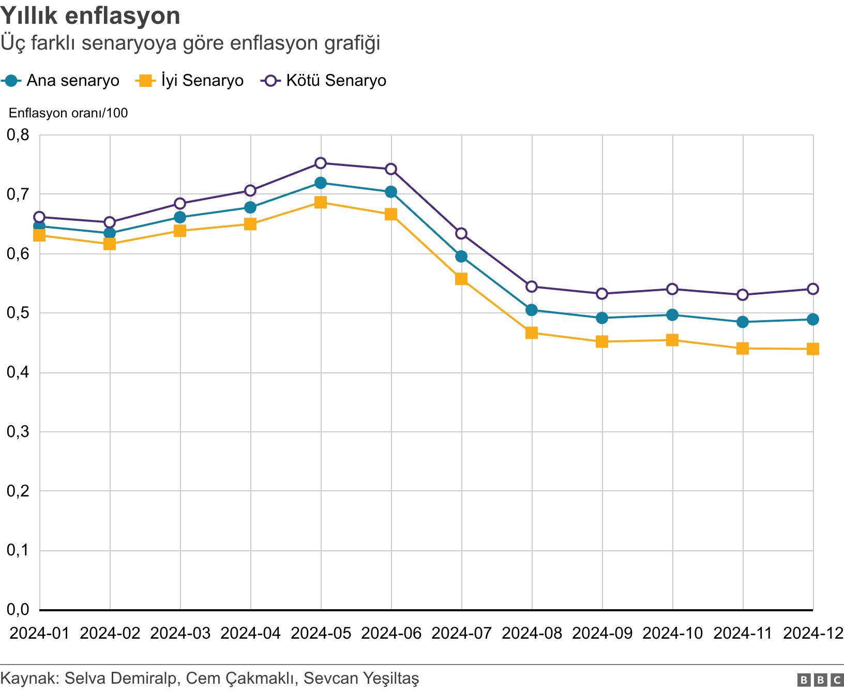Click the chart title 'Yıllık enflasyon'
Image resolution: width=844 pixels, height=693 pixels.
tap(91, 16)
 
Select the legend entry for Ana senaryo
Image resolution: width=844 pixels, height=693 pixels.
tap(61, 81)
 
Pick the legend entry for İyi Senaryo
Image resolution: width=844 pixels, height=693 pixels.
tap(189, 81)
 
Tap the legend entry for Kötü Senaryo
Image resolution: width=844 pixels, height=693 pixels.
tap(324, 81)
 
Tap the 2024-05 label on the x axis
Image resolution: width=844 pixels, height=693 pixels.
tap(321, 633)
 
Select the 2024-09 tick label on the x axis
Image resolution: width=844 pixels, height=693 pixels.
tap(602, 633)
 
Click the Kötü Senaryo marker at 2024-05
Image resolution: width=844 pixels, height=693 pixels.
tap(321, 163)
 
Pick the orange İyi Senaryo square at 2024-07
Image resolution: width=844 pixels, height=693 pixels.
tap(461, 279)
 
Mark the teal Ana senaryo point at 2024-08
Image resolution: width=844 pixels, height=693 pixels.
tap(532, 310)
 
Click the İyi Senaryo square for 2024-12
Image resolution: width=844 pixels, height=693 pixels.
tap(812, 349)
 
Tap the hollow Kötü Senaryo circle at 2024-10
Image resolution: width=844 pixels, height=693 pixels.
tap(672, 289)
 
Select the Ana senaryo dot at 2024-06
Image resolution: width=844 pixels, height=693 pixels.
tap(391, 192)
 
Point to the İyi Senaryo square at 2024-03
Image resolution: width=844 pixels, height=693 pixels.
tap(180, 231)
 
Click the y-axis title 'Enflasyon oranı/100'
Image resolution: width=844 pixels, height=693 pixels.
tap(68, 113)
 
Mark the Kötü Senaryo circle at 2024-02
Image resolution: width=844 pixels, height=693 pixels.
tap(110, 222)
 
